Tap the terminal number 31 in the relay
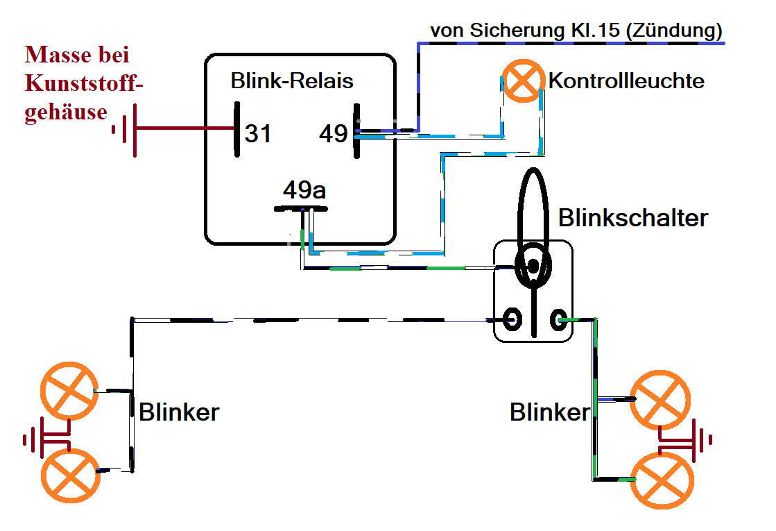point(258,133)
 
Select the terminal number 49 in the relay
point(333,133)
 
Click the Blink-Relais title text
point(292,81)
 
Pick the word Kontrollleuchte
point(626,81)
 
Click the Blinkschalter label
point(633,218)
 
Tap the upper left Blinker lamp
point(67,390)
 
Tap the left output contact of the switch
point(513,319)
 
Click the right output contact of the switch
point(558,319)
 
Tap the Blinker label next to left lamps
point(179,412)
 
